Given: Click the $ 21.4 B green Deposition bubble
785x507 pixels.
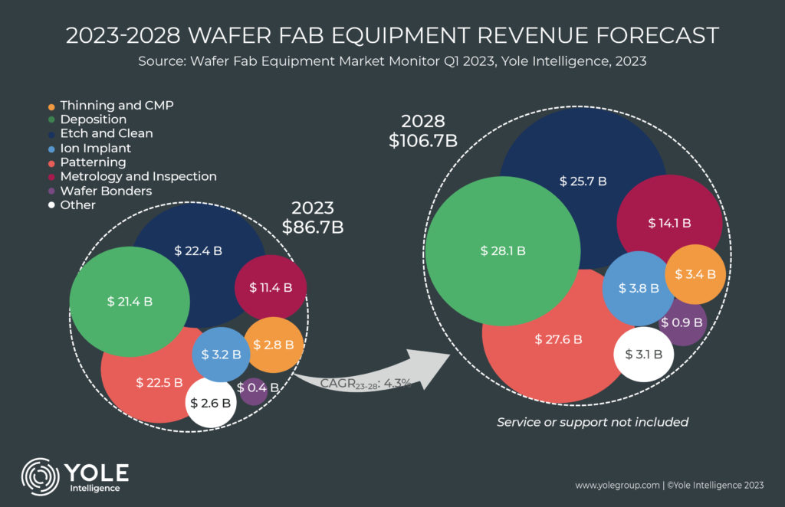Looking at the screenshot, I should point(130,301).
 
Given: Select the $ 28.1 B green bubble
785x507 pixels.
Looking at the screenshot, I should point(503,250).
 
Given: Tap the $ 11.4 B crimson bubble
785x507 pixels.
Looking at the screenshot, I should point(271,288).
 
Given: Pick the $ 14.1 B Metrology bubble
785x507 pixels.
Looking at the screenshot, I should point(669,223).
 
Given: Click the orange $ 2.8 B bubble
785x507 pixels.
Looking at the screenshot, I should point(271,345).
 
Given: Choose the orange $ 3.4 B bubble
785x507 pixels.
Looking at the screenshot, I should point(695,273).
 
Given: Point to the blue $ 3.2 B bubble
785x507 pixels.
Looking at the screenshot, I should point(222,355).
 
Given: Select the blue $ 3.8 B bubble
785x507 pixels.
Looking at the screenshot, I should point(633,289).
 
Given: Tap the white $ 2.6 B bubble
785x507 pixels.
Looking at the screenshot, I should point(211,402).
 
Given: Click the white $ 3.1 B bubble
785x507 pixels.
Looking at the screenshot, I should point(644,354).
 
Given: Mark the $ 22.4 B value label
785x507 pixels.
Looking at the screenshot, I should point(198,250).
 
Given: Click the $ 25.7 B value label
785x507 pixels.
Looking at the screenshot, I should point(583,182).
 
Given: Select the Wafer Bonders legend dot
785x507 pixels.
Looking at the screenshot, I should point(51,191).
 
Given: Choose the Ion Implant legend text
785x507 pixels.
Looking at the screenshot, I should point(95,148).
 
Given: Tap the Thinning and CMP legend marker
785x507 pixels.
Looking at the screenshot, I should point(51,105).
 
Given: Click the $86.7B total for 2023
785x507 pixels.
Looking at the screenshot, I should point(312,227).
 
